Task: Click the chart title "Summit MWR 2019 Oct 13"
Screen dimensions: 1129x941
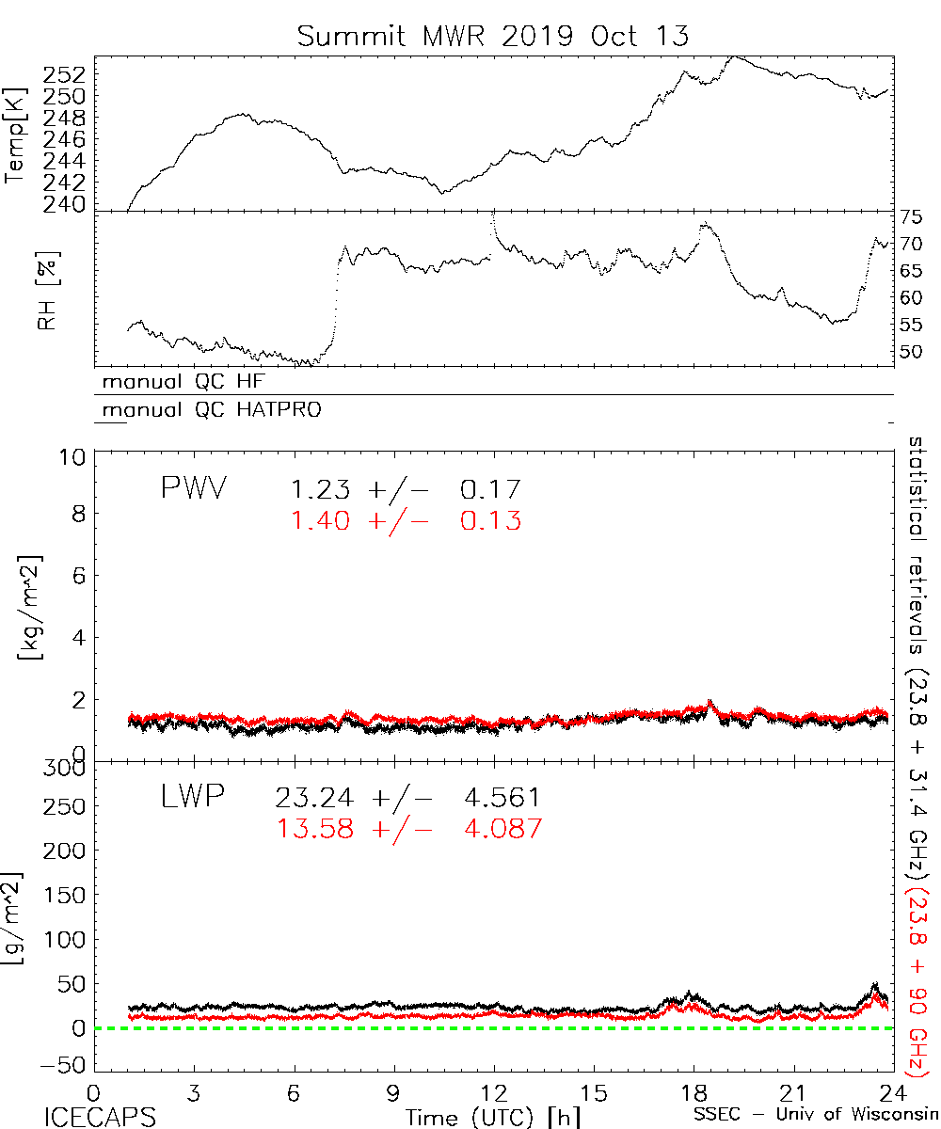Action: coord(493,36)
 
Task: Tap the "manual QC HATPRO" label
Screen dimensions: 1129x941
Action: coord(205,410)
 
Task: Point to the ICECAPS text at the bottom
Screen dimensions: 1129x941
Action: coord(88,1117)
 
